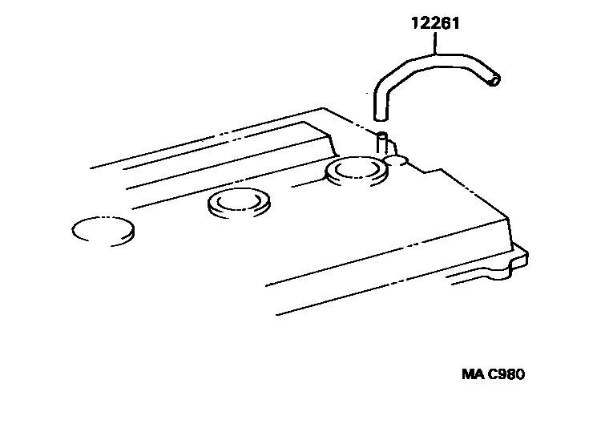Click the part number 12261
click(x=434, y=24)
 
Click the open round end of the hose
click(x=496, y=79)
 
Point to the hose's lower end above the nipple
click(x=381, y=115)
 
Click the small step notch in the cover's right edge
click(x=434, y=170)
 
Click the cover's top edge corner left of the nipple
click(x=323, y=108)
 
